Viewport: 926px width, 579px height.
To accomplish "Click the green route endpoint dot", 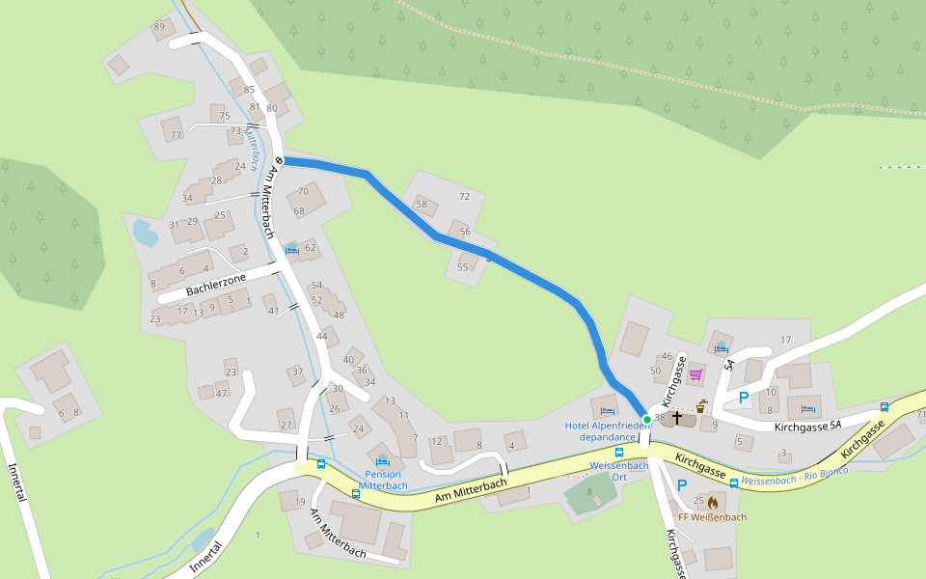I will pyautogui.click(x=646, y=419).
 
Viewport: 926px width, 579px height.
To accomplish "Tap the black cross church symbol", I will pyautogui.click(x=677, y=418).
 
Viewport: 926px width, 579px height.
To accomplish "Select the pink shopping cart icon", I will pyautogui.click(x=696, y=374).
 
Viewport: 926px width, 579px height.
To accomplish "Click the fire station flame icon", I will pyautogui.click(x=713, y=502).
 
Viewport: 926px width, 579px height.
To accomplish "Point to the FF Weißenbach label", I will pyautogui.click(x=712, y=517).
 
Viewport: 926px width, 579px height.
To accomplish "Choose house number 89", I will pyautogui.click(x=159, y=26).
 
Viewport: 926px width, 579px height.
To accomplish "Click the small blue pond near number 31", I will pyautogui.click(x=144, y=233).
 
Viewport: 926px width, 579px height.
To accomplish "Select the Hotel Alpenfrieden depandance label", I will pyautogui.click(x=607, y=431).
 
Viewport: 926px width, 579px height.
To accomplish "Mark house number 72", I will pyautogui.click(x=464, y=196).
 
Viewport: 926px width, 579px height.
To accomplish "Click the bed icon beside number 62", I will pyautogui.click(x=291, y=249).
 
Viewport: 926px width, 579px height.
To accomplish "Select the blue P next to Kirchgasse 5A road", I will pyautogui.click(x=744, y=397).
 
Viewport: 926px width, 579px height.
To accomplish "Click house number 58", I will pyautogui.click(x=421, y=204).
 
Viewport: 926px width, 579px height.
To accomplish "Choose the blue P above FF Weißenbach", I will pyautogui.click(x=682, y=485).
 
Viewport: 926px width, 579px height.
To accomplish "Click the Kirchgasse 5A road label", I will pyautogui.click(x=808, y=426).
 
